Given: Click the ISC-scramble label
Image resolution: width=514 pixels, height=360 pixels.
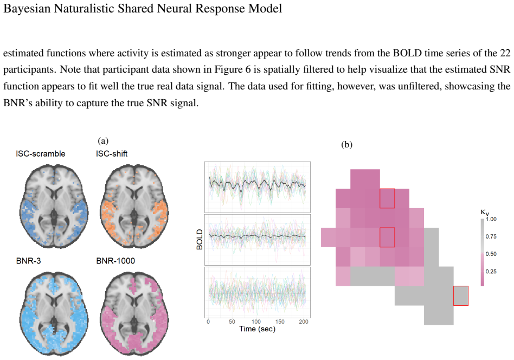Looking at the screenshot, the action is click(41, 153).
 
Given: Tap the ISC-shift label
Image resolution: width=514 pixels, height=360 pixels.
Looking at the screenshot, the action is click(112, 153).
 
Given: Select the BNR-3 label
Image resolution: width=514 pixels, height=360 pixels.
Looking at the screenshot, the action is click(29, 261).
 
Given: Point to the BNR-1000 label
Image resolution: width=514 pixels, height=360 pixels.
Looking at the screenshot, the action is click(115, 261).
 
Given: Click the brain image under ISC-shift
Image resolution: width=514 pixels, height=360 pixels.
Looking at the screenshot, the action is click(134, 206).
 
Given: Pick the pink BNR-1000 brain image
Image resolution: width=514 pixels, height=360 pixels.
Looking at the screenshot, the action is click(134, 313).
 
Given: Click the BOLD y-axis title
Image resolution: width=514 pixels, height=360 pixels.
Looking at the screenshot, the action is click(200, 240).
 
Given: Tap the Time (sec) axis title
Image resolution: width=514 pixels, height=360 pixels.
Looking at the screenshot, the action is click(258, 329).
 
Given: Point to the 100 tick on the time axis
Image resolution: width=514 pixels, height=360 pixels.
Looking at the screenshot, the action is click(256, 322).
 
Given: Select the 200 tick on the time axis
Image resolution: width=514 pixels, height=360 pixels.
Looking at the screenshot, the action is click(304, 322).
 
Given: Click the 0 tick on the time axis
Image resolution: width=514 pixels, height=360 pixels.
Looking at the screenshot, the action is click(208, 322).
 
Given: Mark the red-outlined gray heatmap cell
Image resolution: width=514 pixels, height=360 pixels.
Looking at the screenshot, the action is click(461, 295).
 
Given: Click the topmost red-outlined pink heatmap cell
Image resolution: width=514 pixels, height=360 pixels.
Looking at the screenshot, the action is click(387, 198).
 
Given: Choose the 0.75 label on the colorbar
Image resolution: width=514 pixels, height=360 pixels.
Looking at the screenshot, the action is click(491, 236).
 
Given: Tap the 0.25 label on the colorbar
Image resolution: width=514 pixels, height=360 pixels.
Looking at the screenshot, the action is click(491, 272).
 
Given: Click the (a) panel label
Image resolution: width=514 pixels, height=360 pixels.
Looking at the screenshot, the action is click(103, 140).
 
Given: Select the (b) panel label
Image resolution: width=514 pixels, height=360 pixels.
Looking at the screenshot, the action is click(347, 145).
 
